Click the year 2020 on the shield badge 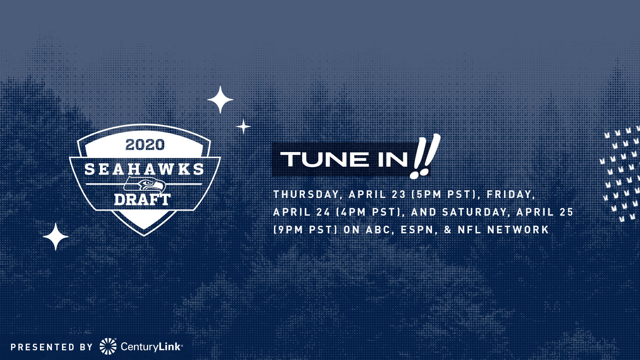point(145,145)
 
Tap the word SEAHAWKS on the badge point(144,169)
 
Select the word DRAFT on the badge point(142,200)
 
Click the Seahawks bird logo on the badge point(145,185)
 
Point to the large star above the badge point(220,99)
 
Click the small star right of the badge point(243,127)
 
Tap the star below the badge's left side point(56,237)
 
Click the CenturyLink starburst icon point(108,346)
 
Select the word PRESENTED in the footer point(43,347)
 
